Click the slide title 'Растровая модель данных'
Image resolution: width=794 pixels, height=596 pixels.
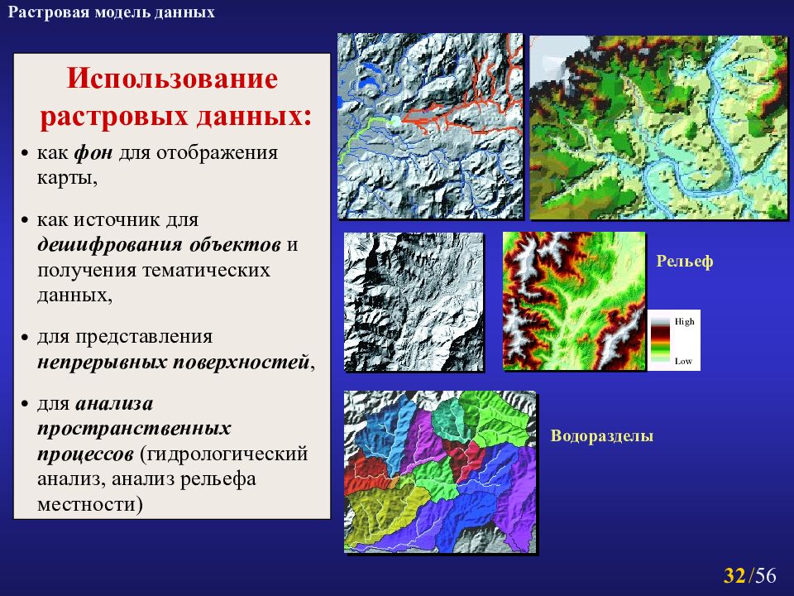click(112, 12)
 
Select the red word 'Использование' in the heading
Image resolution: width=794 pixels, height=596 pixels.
click(172, 79)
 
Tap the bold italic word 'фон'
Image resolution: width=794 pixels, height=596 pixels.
click(93, 152)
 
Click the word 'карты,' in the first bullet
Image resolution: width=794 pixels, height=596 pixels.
click(67, 178)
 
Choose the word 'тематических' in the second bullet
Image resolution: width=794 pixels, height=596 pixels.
click(206, 270)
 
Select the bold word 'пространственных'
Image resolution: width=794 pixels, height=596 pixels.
click(134, 429)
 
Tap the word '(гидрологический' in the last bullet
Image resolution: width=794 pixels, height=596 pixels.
click(224, 454)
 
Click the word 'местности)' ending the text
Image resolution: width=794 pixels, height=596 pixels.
click(89, 504)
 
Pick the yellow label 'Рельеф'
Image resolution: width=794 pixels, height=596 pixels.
click(685, 261)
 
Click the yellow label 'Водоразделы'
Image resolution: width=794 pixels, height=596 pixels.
click(602, 436)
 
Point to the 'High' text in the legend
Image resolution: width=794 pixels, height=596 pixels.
click(685, 321)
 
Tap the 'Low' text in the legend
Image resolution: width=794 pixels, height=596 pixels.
click(683, 361)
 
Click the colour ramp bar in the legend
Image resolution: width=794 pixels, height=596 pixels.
click(660, 340)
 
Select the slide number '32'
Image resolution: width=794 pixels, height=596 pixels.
click(734, 575)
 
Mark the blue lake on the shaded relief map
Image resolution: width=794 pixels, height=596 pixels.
click(371, 69)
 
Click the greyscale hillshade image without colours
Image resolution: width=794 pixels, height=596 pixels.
click(414, 302)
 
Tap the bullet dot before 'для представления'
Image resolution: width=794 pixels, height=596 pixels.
click(24, 338)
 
